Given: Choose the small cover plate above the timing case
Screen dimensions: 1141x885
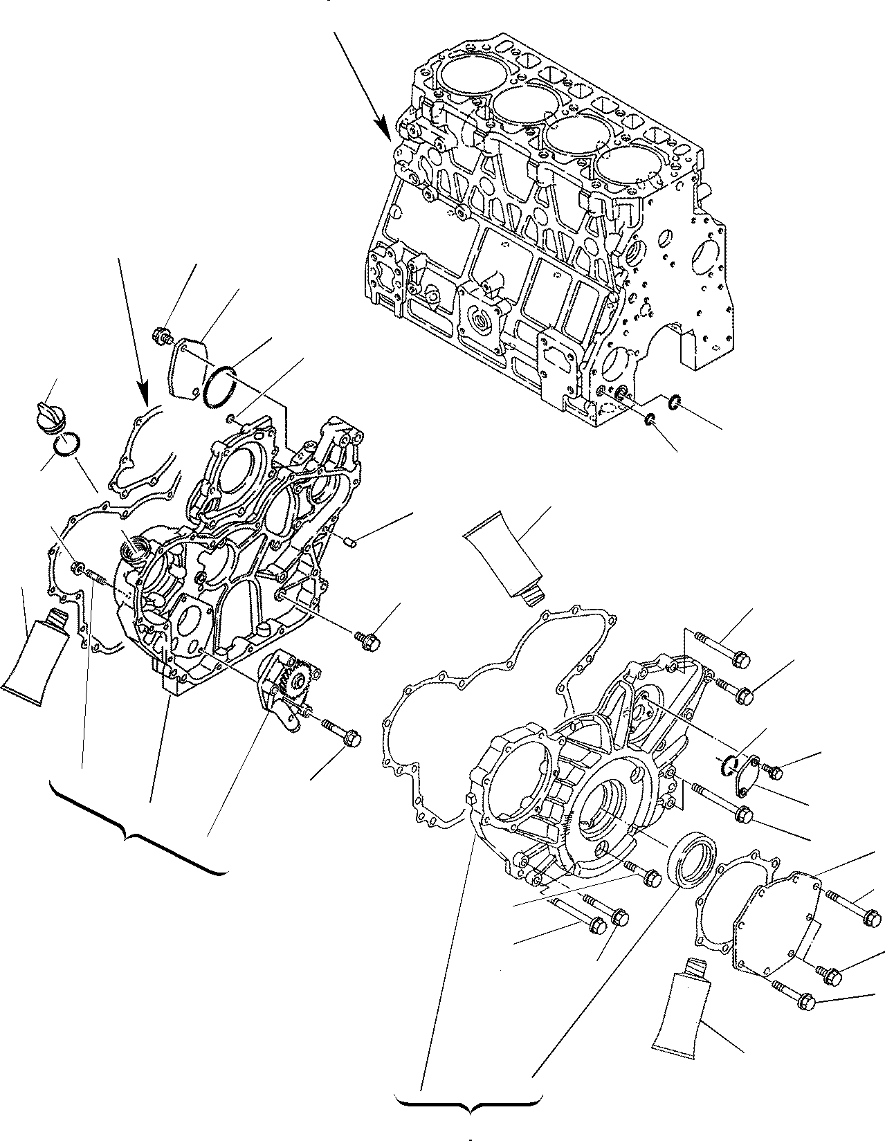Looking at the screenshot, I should pyautogui.click(x=185, y=367).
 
